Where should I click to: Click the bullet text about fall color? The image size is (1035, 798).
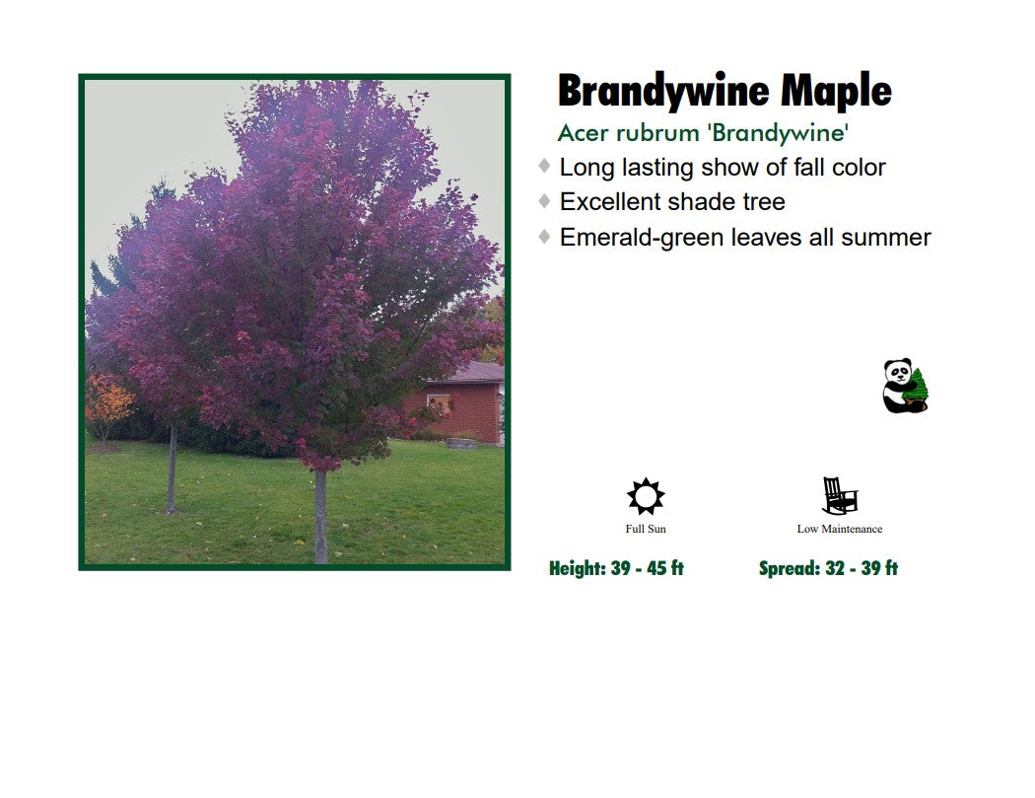coord(722,168)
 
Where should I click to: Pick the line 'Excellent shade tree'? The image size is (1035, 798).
coord(672,202)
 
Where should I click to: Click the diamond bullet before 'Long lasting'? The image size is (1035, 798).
coord(544,166)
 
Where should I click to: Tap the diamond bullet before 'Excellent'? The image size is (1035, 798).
coord(544,201)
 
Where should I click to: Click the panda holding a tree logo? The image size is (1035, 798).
coord(905,386)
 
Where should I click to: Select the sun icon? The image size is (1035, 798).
coord(646,496)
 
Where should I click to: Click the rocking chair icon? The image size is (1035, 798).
coord(839,496)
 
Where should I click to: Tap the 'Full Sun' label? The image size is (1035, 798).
coord(646,530)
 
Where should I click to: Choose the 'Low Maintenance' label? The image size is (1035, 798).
coord(839,530)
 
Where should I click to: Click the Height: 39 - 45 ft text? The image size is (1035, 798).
coord(616,568)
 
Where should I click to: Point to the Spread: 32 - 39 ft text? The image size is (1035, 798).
coord(828,568)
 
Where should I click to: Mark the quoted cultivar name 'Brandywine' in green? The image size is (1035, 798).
coord(778,132)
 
